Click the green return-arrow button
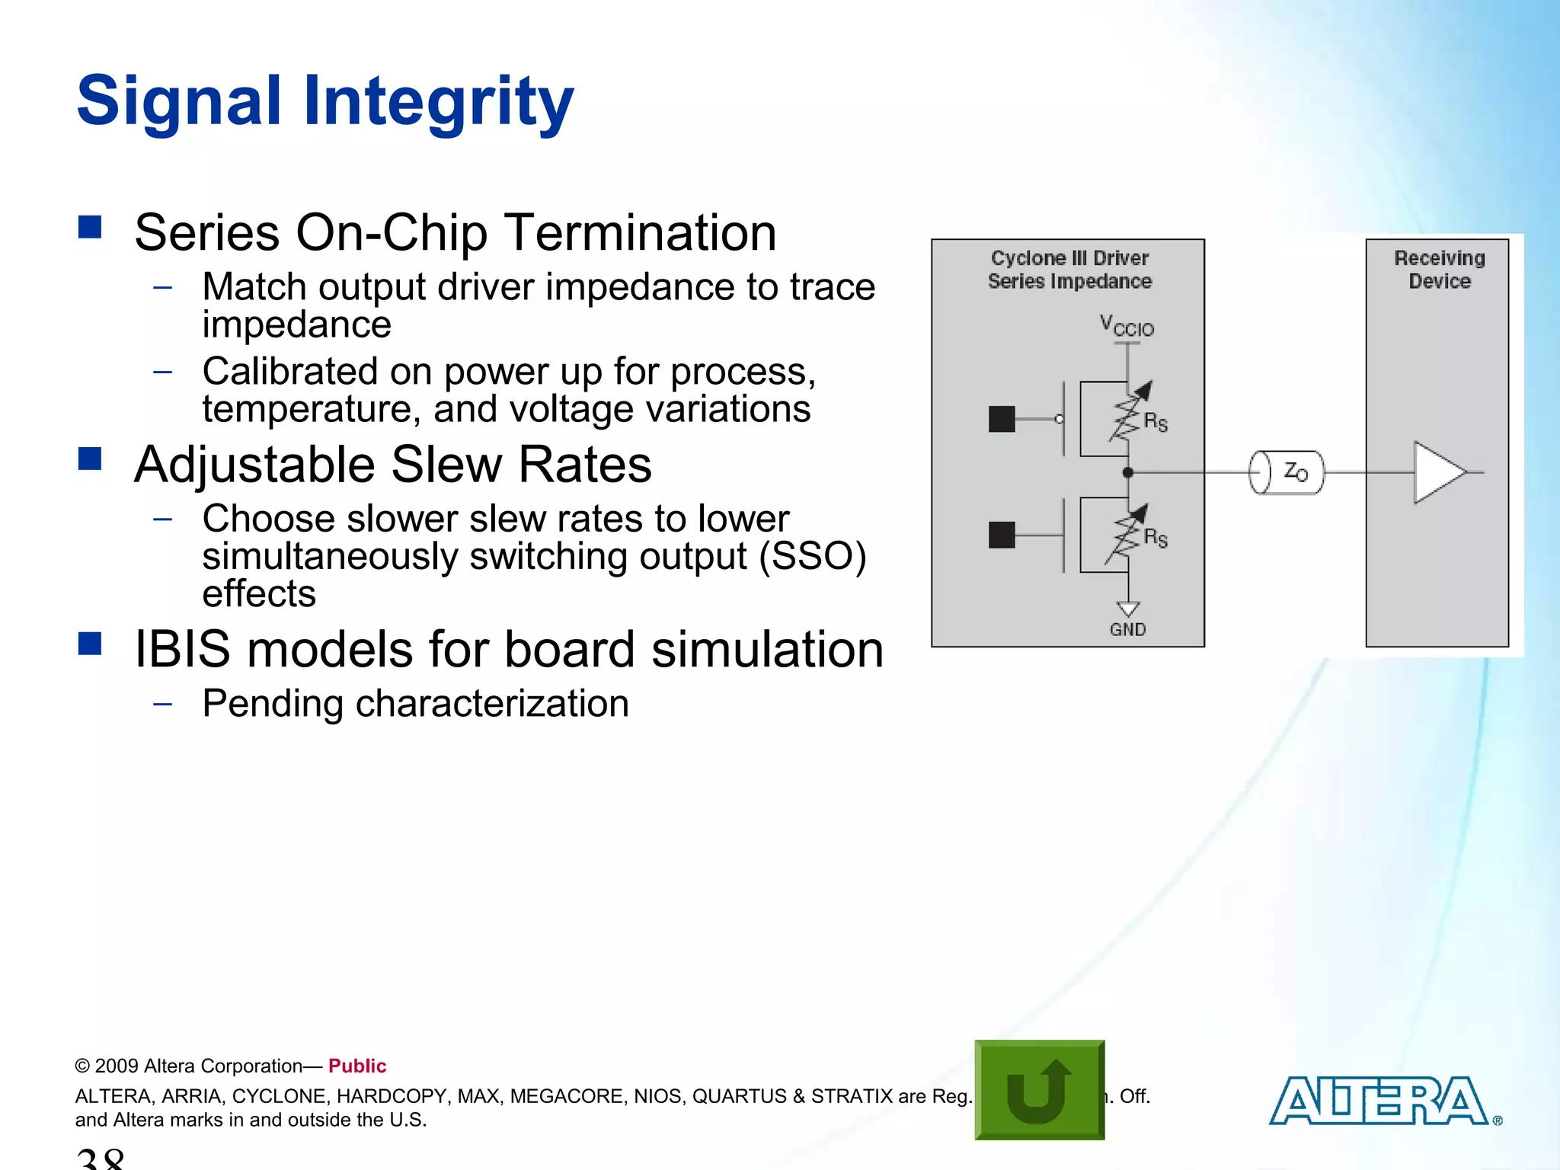1039,1089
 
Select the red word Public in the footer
357,1066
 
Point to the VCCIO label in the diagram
1127,326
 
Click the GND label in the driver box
1127,629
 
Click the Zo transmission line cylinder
1287,472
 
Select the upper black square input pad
1002,419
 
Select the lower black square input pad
1002,535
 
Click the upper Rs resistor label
1156,421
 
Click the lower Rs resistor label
1156,538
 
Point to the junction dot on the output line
1128,472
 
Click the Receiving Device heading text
1439,270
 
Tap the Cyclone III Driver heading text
1069,258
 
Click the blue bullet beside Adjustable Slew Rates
90,459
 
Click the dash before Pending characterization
162,704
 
